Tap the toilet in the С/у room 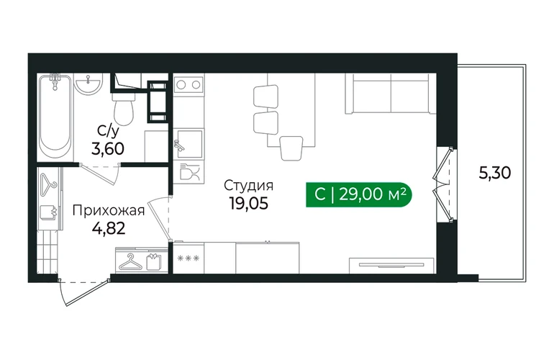(x=123, y=107)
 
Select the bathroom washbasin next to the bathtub (x=88, y=84)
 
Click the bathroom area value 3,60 (x=108, y=149)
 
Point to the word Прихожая (x=109, y=211)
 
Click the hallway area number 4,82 (x=109, y=228)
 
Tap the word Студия (x=249, y=185)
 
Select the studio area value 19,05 (x=249, y=203)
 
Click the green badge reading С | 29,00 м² (x=359, y=194)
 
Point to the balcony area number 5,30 (x=495, y=174)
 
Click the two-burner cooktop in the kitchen (x=189, y=84)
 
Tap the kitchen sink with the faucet (x=189, y=143)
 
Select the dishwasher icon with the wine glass (x=189, y=172)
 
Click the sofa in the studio (x=391, y=94)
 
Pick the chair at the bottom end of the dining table (x=291, y=148)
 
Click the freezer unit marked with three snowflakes (x=188, y=258)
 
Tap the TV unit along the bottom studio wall (x=391, y=265)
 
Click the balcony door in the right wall (x=443, y=184)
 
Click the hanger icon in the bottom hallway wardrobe (x=128, y=262)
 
